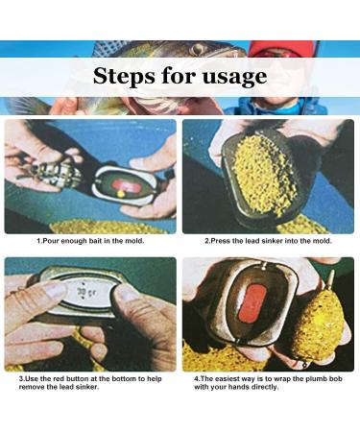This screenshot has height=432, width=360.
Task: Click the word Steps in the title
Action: [x=129, y=77]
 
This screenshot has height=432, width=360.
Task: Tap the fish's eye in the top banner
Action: [x=197, y=49]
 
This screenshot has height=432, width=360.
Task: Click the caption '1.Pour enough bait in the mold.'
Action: [x=93, y=241]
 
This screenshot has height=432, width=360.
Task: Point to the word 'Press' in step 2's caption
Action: [x=222, y=241]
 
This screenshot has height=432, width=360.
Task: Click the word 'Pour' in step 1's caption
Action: [x=52, y=241]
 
